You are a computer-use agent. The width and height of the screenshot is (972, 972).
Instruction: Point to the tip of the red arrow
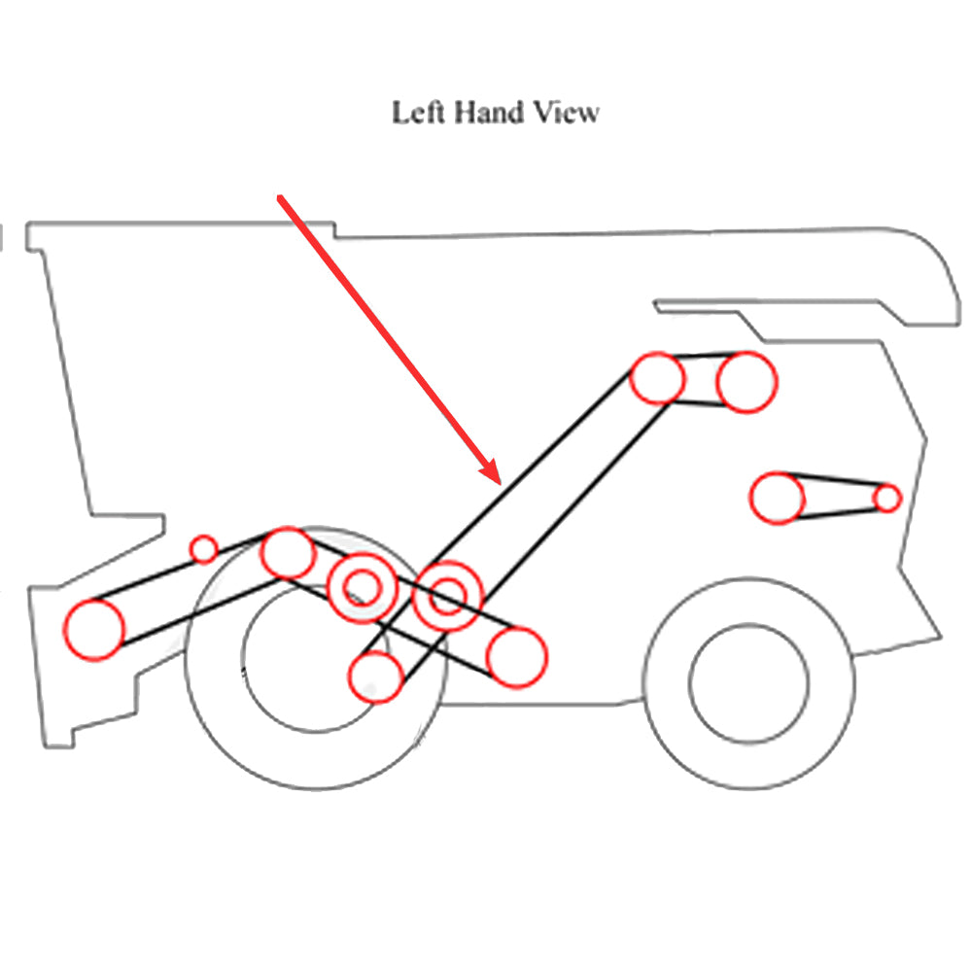pos(498,480)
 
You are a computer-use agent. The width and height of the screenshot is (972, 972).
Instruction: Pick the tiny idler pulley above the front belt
pos(203,549)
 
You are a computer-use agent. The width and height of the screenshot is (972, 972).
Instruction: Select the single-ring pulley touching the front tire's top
pos(287,552)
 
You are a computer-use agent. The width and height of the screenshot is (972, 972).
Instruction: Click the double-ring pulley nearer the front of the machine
pos(363,587)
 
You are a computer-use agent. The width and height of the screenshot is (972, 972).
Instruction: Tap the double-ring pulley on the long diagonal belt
pos(448,597)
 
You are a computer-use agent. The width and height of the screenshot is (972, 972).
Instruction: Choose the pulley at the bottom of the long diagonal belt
pos(376,677)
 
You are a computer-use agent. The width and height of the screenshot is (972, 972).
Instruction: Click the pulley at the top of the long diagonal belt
pos(658,378)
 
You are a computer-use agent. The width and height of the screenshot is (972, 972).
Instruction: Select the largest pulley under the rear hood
pos(746,382)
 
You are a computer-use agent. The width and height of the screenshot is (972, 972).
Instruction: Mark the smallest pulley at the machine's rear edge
pos(886,498)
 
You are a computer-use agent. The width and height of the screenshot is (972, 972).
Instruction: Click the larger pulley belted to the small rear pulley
pos(777,499)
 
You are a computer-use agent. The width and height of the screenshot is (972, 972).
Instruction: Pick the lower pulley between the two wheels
pos(516,657)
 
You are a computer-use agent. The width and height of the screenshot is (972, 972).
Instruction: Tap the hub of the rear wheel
pos(748,682)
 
